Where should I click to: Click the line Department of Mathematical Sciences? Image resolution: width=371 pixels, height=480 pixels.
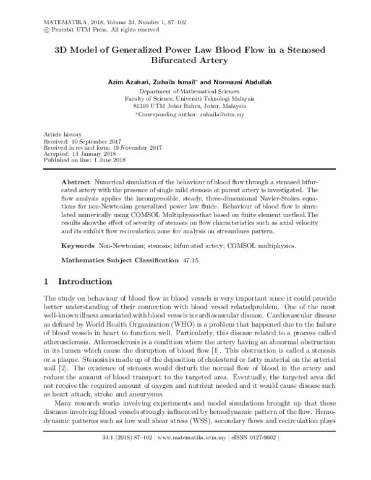tap(185, 91)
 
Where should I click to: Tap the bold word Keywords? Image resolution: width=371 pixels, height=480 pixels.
tap(77, 245)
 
